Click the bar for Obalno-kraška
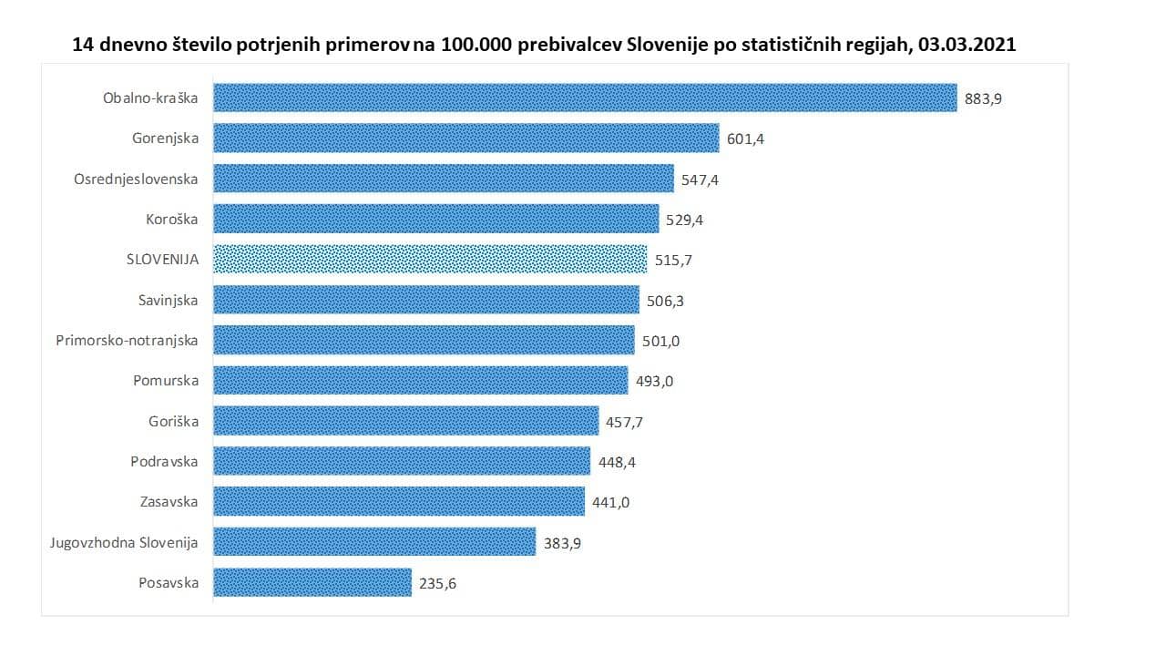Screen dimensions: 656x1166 point(585,97)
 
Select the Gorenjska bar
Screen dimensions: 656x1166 point(466,138)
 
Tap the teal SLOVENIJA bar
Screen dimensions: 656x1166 point(430,260)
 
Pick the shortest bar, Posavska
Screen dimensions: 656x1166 point(312,582)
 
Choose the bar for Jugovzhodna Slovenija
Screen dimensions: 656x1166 point(374,542)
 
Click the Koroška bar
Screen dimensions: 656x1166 point(436,219)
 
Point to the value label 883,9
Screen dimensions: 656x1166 point(983,99)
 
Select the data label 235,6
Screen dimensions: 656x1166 point(437,584)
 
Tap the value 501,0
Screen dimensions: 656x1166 point(660,342)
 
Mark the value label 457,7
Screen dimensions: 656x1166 point(625,423)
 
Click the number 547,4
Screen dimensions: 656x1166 point(700,180)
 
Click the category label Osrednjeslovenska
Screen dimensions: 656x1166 point(136,179)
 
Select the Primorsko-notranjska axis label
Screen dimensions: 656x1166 point(127,341)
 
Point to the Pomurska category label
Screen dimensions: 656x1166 point(166,381)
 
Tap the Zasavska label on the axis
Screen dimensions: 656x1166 point(169,501)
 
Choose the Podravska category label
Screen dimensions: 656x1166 point(164,461)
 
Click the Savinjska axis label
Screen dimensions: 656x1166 point(168,300)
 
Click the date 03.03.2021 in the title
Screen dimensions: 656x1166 point(968,44)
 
